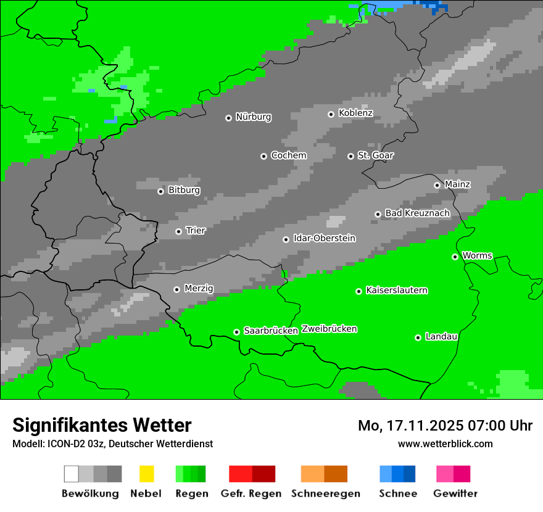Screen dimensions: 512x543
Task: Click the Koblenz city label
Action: [x=355, y=113]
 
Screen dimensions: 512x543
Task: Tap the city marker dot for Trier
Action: [x=178, y=231]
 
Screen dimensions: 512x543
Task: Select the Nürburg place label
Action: [x=253, y=117]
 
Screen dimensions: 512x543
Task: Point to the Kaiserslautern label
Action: [x=396, y=290]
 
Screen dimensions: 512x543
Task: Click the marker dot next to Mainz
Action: [x=437, y=185]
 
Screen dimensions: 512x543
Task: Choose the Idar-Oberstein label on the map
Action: [x=324, y=238]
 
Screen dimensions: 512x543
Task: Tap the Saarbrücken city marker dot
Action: [x=236, y=332]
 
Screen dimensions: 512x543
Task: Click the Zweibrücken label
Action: [x=329, y=329]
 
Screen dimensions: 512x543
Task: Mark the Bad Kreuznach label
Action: [x=417, y=213]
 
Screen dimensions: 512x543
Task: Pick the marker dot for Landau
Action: [x=418, y=337]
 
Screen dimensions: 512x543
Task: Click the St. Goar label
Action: [x=375, y=155]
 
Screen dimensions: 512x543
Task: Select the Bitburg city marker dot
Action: [x=160, y=191]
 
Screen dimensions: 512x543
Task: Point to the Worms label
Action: [x=477, y=255]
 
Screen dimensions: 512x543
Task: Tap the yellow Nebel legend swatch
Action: [x=146, y=474]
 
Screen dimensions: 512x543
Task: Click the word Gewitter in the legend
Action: [x=455, y=493]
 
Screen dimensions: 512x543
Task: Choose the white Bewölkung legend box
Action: [x=72, y=474]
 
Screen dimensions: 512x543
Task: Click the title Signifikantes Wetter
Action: [x=102, y=425]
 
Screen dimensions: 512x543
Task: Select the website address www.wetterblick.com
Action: [x=445, y=444]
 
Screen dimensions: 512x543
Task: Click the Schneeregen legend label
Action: [x=325, y=493]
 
